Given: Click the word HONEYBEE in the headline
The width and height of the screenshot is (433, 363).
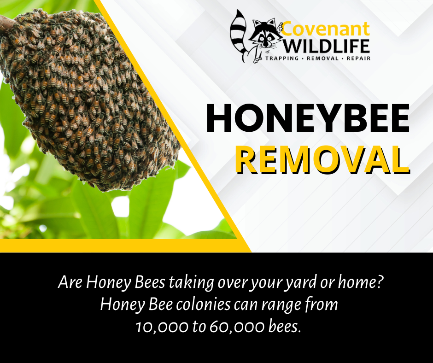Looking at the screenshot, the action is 308,118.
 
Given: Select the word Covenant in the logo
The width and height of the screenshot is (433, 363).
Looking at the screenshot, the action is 326,29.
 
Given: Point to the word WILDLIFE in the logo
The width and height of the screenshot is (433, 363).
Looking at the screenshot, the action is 326,46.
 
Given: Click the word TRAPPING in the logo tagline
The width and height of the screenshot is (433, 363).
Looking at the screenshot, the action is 282,59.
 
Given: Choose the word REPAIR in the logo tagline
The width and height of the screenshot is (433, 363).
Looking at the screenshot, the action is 358,59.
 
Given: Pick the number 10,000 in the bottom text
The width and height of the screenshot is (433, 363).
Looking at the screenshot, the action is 161,327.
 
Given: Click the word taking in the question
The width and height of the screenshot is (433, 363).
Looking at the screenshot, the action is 191,283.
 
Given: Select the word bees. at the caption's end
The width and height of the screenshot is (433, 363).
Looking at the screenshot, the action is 284,326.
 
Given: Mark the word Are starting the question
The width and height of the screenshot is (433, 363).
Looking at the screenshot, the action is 70,282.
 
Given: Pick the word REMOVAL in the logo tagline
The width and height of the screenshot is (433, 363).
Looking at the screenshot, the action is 322,59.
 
